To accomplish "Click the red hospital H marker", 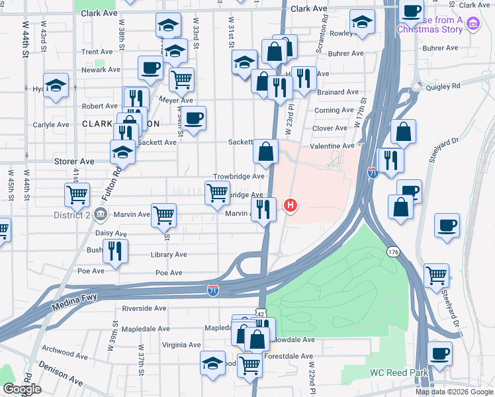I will [x=291, y=206].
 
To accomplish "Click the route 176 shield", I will [x=394, y=253].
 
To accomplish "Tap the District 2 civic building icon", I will [x=100, y=214].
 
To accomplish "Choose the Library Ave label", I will [x=170, y=254].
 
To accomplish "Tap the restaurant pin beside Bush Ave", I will [x=115, y=251].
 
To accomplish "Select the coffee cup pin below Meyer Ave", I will [x=194, y=118].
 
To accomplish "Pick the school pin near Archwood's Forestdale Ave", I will [x=212, y=363].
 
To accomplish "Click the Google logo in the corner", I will [x=22, y=389].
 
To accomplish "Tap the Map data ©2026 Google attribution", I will [x=453, y=392].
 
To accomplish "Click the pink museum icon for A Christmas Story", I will [x=472, y=25].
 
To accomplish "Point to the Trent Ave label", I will [x=97, y=52].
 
